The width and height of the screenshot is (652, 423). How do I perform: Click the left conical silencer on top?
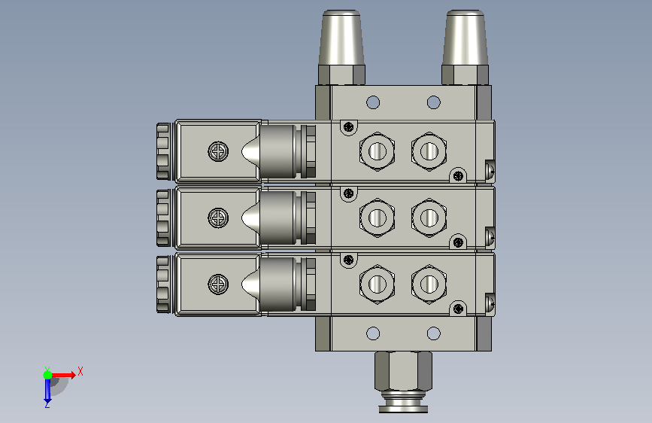341,38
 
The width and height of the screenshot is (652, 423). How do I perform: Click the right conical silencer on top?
465,38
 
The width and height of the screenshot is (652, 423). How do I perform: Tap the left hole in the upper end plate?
373,102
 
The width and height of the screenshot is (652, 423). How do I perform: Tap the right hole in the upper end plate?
434,102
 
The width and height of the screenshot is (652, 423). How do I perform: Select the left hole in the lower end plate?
373,333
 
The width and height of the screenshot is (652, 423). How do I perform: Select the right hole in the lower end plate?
434,333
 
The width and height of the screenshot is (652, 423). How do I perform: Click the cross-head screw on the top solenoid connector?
218,151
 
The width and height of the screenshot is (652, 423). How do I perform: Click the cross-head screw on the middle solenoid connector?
218,218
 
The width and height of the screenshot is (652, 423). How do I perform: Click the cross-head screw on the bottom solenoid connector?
218,285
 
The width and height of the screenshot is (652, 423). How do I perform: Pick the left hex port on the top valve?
378,151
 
